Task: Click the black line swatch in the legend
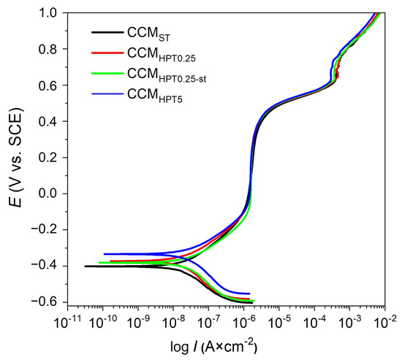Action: [105, 32]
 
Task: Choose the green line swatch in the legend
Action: [105, 72]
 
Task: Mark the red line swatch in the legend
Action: [105, 53]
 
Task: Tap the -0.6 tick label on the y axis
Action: [45, 302]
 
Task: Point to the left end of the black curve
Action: [85, 267]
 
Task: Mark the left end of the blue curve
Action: [104, 254]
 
